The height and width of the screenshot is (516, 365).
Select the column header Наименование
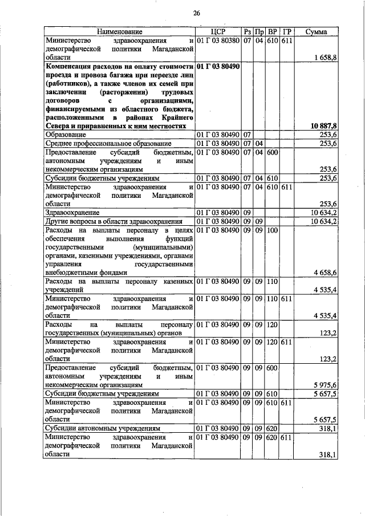point(119,32)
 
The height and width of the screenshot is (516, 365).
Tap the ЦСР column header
point(218,32)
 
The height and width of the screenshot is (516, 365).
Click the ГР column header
point(287,32)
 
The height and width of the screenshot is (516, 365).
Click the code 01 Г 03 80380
point(218,41)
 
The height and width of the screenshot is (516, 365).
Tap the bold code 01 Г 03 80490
point(218,66)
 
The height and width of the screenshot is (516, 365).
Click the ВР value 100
point(272,230)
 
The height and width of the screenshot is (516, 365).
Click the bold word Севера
point(58,125)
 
